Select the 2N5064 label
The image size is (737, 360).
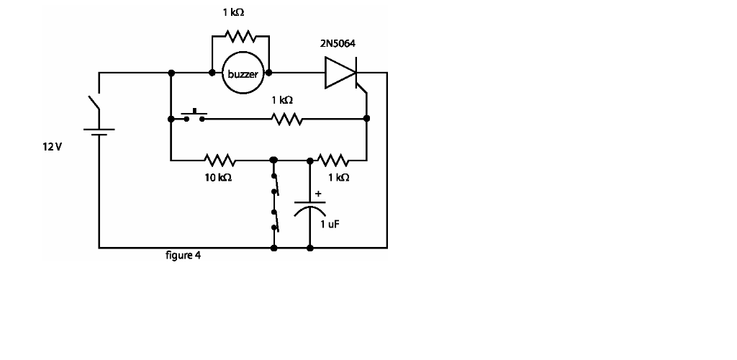pyautogui.click(x=338, y=44)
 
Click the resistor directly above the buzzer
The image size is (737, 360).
pyautogui.click(x=240, y=35)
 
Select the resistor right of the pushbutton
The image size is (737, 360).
pyautogui.click(x=287, y=120)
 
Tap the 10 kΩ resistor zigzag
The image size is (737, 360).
pyautogui.click(x=219, y=159)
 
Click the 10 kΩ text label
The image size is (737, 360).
pyautogui.click(x=218, y=177)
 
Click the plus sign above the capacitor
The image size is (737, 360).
pyautogui.click(x=318, y=193)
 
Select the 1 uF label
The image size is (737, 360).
pyautogui.click(x=330, y=224)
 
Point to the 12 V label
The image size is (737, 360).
pyautogui.click(x=53, y=146)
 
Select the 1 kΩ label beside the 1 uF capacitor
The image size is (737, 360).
pyautogui.click(x=338, y=177)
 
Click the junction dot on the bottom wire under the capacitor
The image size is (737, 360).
pyautogui.click(x=310, y=248)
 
